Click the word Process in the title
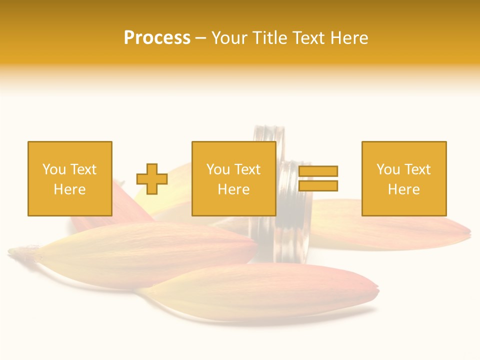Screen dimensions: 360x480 157,38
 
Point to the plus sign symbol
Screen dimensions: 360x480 152,178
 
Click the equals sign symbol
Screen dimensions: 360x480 318,178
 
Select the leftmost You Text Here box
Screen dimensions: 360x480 70,178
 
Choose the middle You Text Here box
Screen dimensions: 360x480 234,178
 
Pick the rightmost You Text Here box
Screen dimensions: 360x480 404,178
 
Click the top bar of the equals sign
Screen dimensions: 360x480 318,171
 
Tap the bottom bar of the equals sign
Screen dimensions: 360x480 318,186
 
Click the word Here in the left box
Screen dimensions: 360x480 70,189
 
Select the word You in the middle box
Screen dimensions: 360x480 218,169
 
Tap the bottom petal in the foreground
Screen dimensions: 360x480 260,292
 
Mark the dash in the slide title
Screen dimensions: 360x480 201,38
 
